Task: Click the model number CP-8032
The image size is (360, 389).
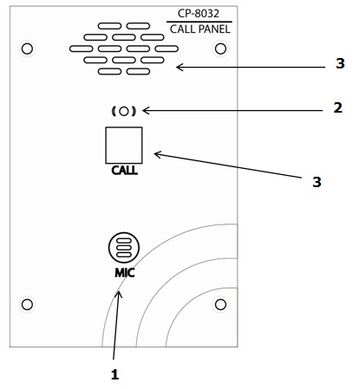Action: point(199,13)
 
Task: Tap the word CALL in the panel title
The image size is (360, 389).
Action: point(183,29)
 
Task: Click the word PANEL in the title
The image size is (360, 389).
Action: point(214,29)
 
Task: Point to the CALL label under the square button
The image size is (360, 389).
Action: point(124,170)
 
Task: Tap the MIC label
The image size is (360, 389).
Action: point(125,273)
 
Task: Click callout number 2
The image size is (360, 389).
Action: point(337,107)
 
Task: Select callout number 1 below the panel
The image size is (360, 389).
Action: point(115,374)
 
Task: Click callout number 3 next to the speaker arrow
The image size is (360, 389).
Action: point(340,63)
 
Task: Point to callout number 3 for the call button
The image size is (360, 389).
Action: point(317,182)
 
